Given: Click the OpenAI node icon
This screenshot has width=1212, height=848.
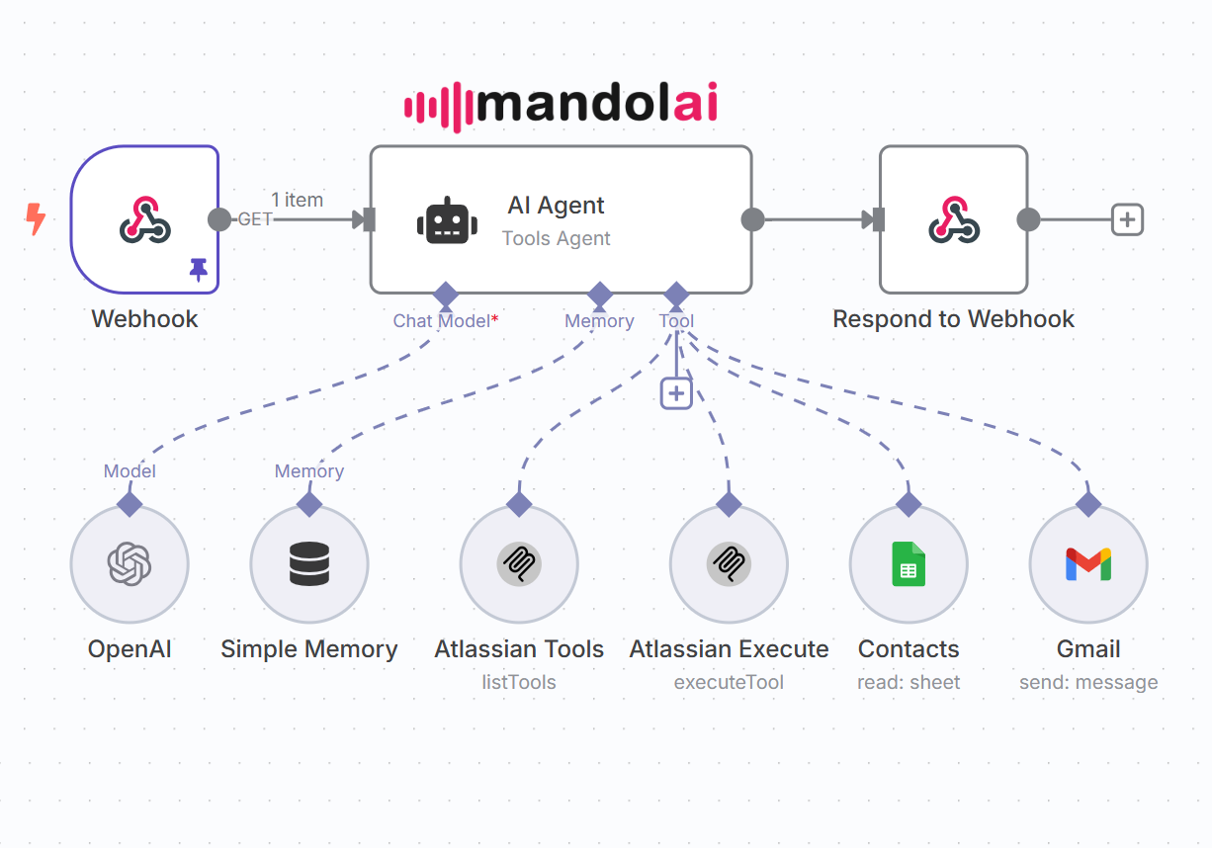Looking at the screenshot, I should pos(130,565).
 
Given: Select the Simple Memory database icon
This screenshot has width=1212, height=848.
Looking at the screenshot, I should pos(309,565).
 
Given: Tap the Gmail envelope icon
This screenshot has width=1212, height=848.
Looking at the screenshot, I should pos(1088,565).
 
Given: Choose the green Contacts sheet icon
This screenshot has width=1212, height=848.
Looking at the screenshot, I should pos(909,565).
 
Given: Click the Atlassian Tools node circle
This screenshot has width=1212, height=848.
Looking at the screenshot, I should pos(519,565).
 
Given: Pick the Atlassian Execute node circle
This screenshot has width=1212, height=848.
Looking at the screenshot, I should pos(729,565).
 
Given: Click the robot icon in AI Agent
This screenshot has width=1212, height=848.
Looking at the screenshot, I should pos(447,221).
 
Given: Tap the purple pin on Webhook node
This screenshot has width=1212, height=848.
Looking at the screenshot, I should pos(199,269).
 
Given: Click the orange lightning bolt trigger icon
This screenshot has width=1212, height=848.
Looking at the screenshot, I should pos(35,219).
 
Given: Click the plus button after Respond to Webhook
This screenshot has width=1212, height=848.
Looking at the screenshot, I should pos(1127,219).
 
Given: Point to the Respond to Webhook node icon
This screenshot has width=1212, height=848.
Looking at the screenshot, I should pos(954,219).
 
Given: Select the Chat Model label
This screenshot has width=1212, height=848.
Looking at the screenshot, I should pos(442,321).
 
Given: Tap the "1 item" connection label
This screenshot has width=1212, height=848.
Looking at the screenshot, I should pos(298,200).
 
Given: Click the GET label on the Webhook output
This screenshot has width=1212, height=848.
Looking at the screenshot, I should pos(255,219).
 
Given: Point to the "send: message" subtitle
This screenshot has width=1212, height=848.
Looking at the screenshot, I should pos(1088,683).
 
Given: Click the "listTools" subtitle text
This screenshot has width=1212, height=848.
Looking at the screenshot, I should pos(519,683).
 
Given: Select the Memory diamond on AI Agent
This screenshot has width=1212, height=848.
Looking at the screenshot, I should pos(600,294).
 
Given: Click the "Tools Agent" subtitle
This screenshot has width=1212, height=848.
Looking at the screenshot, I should pos(557,238).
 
